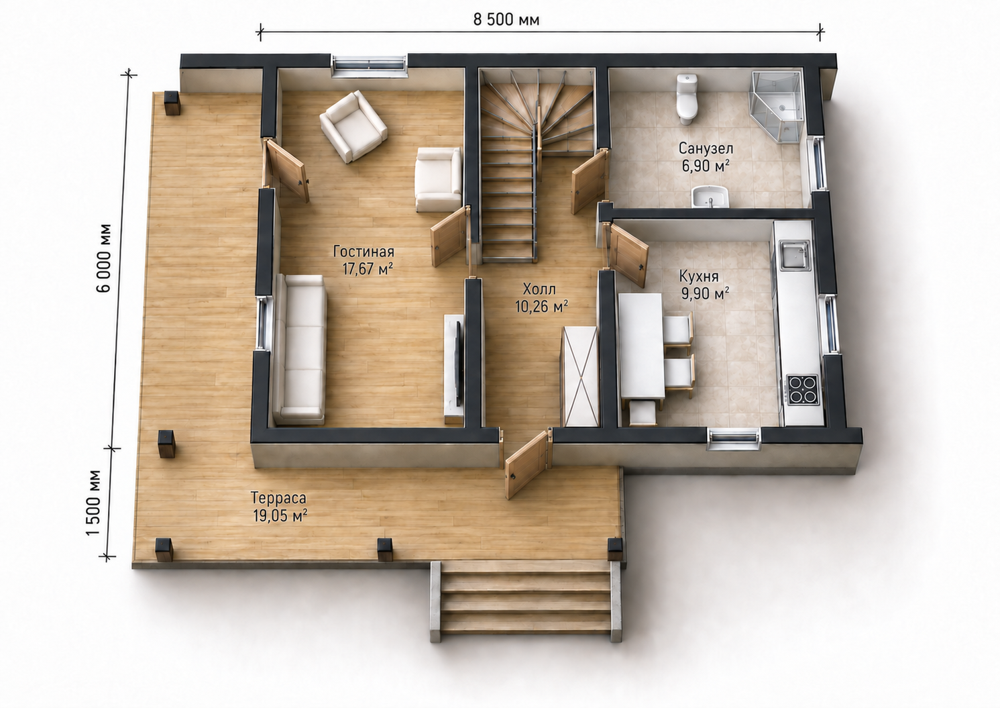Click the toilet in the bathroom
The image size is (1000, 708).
point(686,99)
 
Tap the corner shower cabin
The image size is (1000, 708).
point(777,106)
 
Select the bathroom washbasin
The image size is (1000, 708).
point(710,197)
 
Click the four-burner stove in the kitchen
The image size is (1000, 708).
point(803,389)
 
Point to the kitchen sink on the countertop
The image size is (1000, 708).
point(794,256)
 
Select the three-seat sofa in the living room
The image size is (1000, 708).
point(300,350)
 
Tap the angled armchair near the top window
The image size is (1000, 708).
point(353,126)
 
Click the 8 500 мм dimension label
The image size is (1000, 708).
point(506,20)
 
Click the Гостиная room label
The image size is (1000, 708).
point(364,252)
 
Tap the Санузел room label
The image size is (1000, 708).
point(706,148)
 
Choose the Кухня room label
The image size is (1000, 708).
point(699,276)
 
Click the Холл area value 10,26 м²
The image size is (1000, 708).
point(541,307)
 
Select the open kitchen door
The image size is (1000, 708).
point(628,254)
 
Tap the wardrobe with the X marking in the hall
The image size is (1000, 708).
point(580,376)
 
